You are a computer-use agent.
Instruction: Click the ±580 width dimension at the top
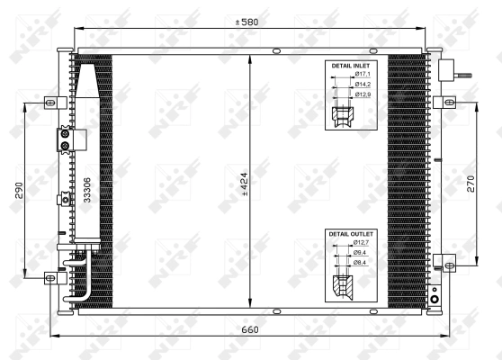coord(248,22)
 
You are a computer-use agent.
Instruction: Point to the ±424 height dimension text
coord(245,184)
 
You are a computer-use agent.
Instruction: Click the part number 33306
coord(87,192)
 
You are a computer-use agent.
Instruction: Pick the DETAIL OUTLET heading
coord(351,234)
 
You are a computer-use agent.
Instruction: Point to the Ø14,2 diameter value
coord(362,85)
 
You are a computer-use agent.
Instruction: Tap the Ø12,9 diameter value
coord(362,94)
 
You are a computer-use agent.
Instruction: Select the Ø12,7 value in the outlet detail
coord(362,242)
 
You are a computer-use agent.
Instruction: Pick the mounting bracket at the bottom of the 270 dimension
coord(444,263)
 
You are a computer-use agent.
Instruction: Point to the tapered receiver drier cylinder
coord(90,91)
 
